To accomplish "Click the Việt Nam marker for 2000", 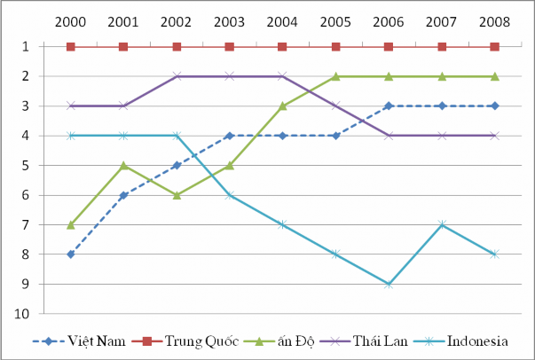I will (x=71, y=254).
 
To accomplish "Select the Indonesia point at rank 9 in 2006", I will (x=389, y=284).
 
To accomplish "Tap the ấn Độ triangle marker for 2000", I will (x=71, y=224).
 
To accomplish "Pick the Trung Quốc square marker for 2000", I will (x=71, y=46).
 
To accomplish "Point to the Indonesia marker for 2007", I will (x=441, y=224).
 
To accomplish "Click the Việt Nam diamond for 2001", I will (x=123, y=195).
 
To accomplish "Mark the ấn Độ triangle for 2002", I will (x=177, y=195).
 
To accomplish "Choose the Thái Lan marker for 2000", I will (x=71, y=106).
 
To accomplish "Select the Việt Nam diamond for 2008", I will (x=494, y=106).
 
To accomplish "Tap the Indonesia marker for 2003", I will (x=230, y=195).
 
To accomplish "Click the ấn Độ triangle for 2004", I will (x=282, y=106).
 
